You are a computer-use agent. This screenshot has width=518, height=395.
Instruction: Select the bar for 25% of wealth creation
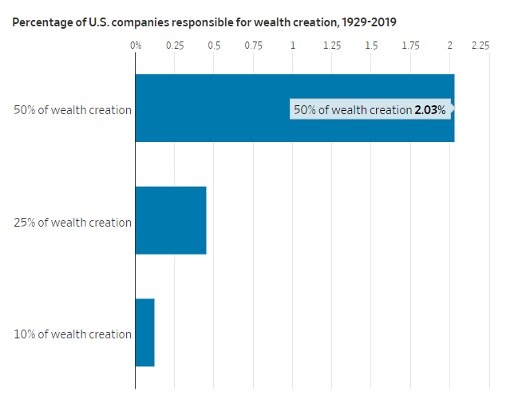(171, 220)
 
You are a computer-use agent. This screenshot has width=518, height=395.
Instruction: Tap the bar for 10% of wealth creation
(144, 332)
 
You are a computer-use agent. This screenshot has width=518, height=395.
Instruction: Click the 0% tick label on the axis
(136, 45)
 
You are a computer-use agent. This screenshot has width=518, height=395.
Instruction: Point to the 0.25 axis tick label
(175, 45)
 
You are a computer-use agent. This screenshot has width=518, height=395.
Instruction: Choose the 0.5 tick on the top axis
(214, 45)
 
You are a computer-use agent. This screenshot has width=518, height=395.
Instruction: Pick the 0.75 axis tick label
(253, 45)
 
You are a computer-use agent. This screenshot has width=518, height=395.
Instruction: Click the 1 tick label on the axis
(293, 45)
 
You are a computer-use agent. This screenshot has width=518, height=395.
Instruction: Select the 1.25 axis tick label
(332, 45)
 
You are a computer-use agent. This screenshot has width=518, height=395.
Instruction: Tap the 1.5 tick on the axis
(371, 45)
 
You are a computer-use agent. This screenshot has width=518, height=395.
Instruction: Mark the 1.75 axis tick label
(410, 45)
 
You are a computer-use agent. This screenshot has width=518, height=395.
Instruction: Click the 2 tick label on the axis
(450, 45)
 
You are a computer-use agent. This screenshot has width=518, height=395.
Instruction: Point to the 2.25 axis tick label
(480, 45)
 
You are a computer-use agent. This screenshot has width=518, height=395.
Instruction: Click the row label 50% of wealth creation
(73, 110)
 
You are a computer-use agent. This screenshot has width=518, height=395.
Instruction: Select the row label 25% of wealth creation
(73, 223)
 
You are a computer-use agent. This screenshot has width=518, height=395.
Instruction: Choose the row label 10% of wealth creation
(73, 334)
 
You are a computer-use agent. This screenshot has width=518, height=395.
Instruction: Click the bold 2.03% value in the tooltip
(429, 110)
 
